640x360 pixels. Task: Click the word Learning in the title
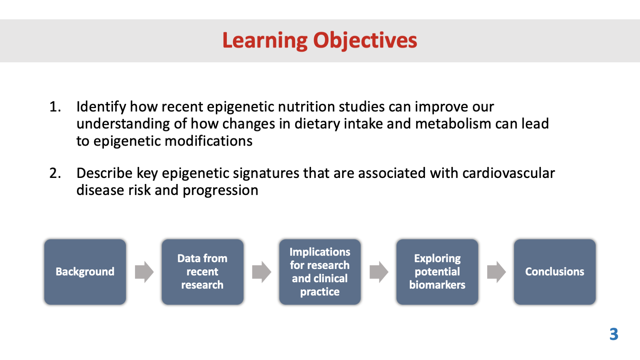tap(265, 41)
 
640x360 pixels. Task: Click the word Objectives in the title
tap(365, 41)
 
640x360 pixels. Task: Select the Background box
tap(85, 272)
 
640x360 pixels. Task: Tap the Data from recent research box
tap(203, 272)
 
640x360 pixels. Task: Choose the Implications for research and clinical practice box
tap(320, 272)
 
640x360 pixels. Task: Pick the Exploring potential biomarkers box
tap(437, 272)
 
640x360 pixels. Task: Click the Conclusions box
tap(555, 272)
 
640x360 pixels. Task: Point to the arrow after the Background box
tap(144, 272)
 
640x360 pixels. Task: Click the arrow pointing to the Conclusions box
tap(496, 272)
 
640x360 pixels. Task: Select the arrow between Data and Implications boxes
tap(261, 272)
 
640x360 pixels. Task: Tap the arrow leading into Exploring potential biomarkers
tap(379, 272)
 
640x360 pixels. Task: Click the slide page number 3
tap(614, 334)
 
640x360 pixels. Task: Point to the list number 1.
tap(55, 107)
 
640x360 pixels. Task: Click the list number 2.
tap(55, 173)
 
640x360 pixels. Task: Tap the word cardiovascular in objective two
tap(509, 173)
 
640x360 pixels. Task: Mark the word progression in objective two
tap(220, 190)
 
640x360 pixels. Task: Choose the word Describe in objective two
tap(104, 173)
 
